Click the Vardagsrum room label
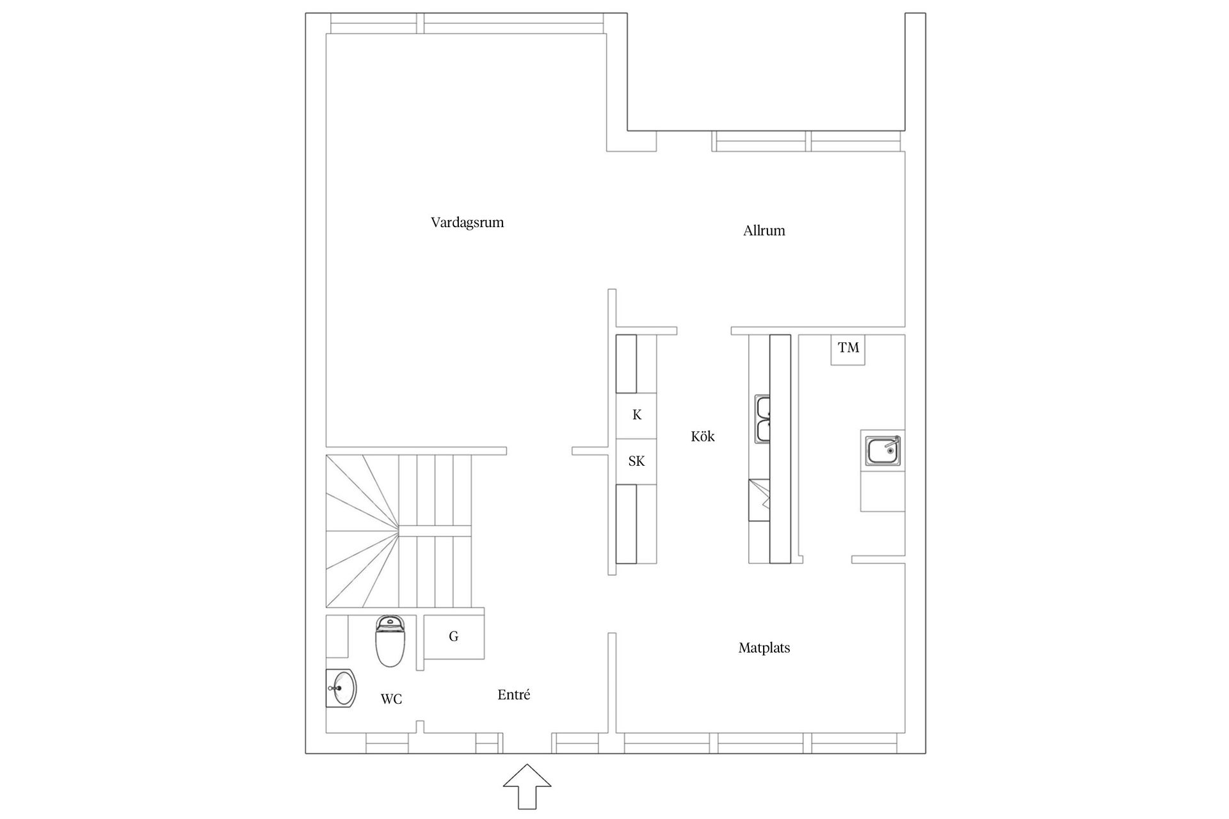coord(467,223)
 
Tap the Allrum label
coord(764,231)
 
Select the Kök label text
coord(702,436)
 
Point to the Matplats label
coord(764,648)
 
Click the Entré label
coord(513,695)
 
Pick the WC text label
coord(391,699)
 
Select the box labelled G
coord(454,637)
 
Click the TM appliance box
coord(848,349)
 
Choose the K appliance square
coord(636,415)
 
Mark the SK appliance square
coord(636,461)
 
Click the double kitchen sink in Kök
coord(763,419)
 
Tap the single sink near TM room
coord(883,451)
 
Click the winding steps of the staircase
coord(358,531)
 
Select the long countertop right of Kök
coord(780,448)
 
